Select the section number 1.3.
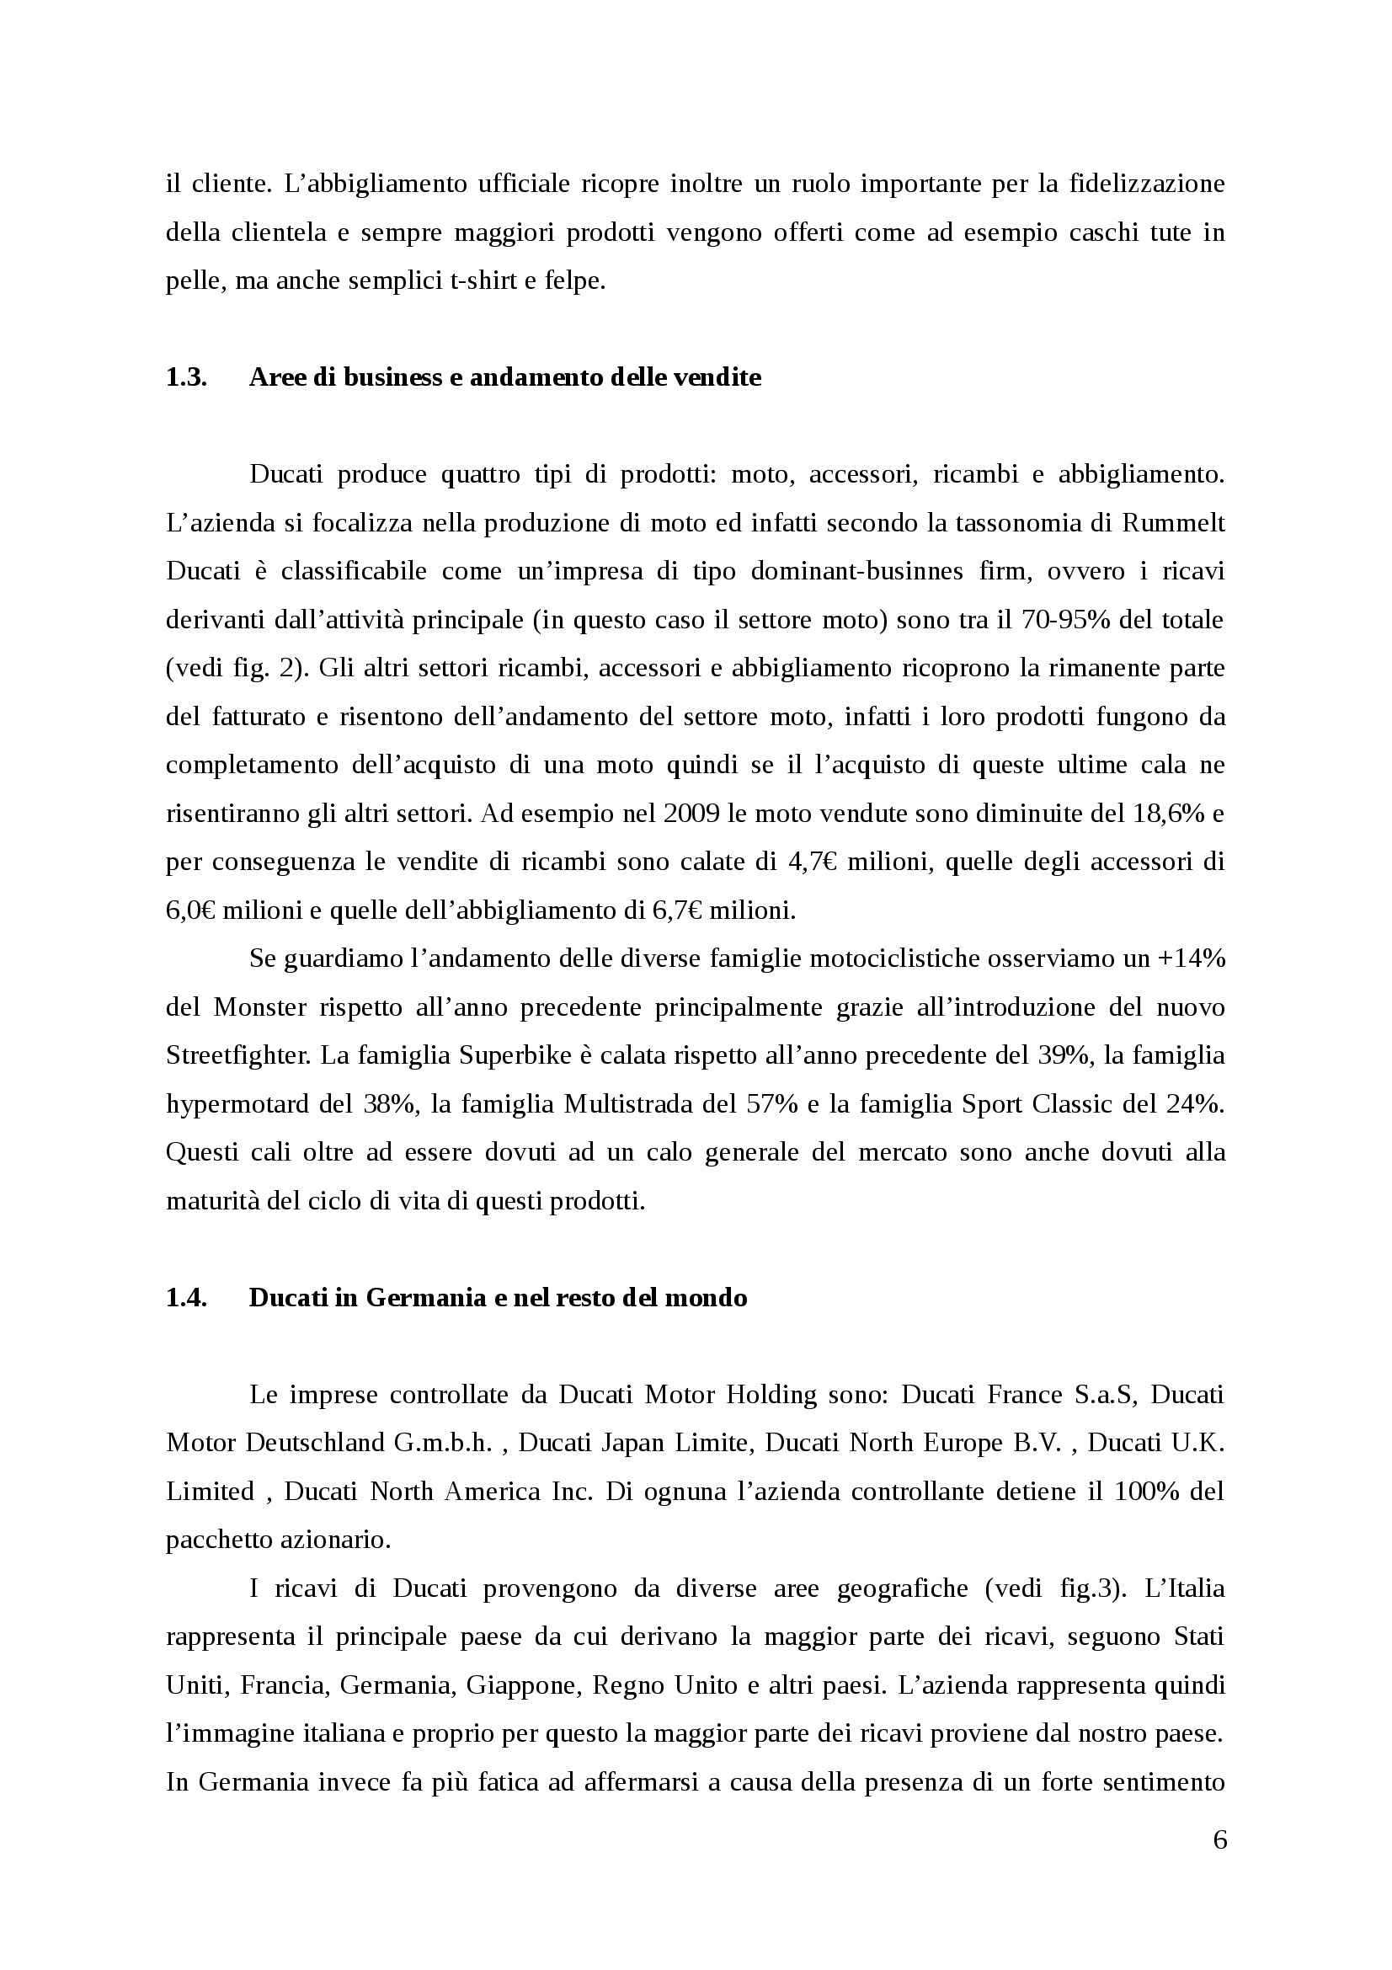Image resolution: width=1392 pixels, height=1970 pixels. (186, 377)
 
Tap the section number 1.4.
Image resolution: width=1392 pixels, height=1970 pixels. (186, 1297)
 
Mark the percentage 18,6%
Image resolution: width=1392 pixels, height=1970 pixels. (1163, 814)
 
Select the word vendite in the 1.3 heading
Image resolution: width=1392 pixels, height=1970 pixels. (720, 377)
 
